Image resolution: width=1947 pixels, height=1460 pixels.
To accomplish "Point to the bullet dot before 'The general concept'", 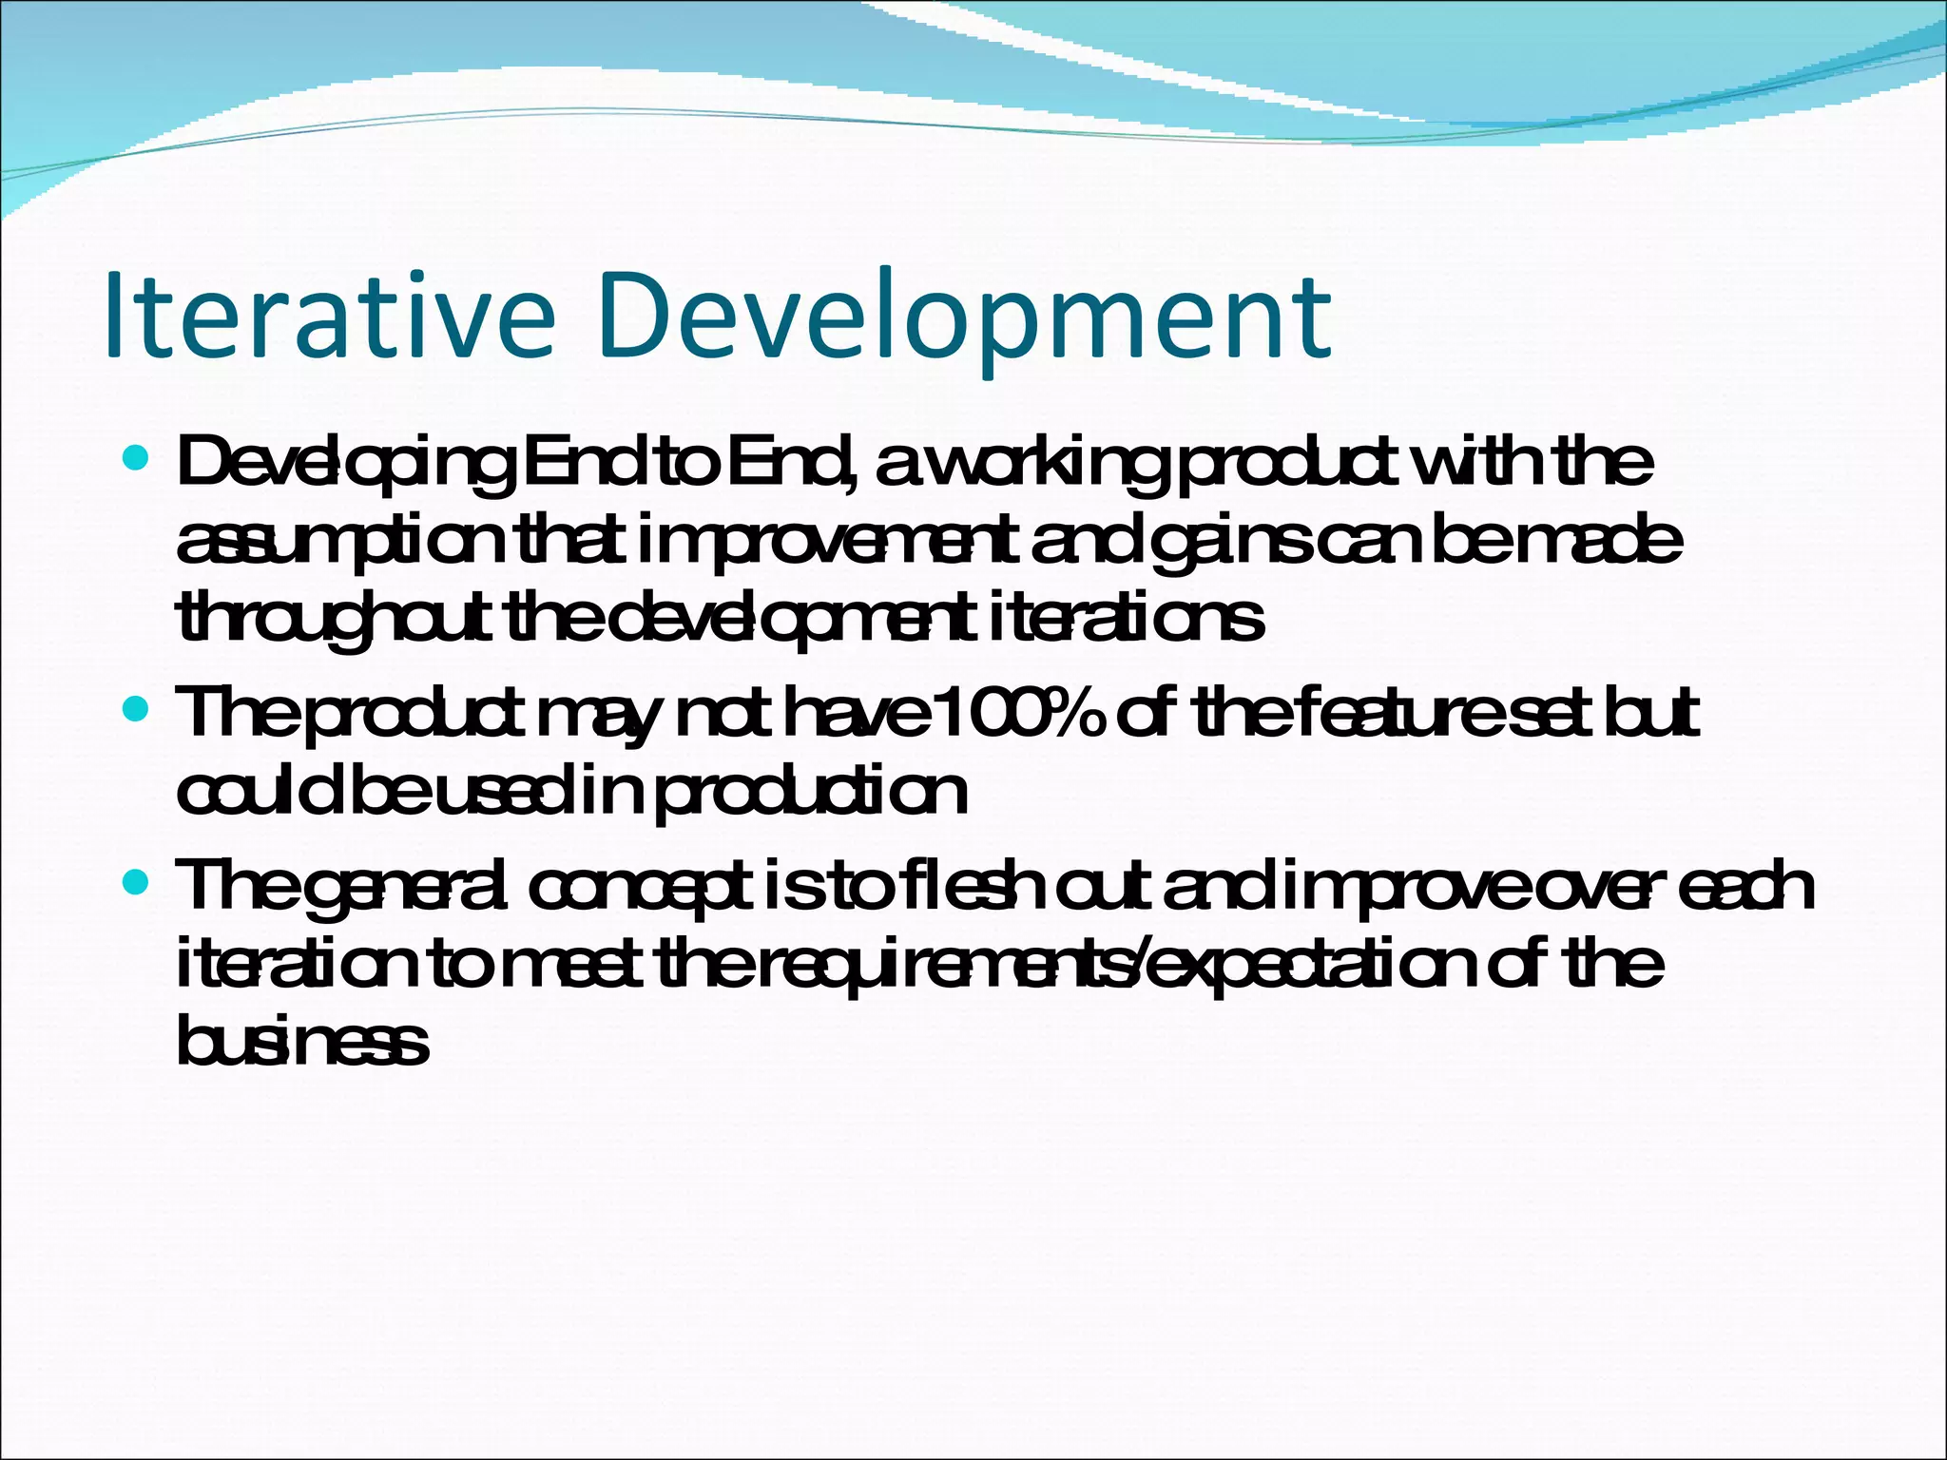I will (x=138, y=884).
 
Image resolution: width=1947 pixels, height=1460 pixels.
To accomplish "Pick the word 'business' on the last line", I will (x=303, y=1042).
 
